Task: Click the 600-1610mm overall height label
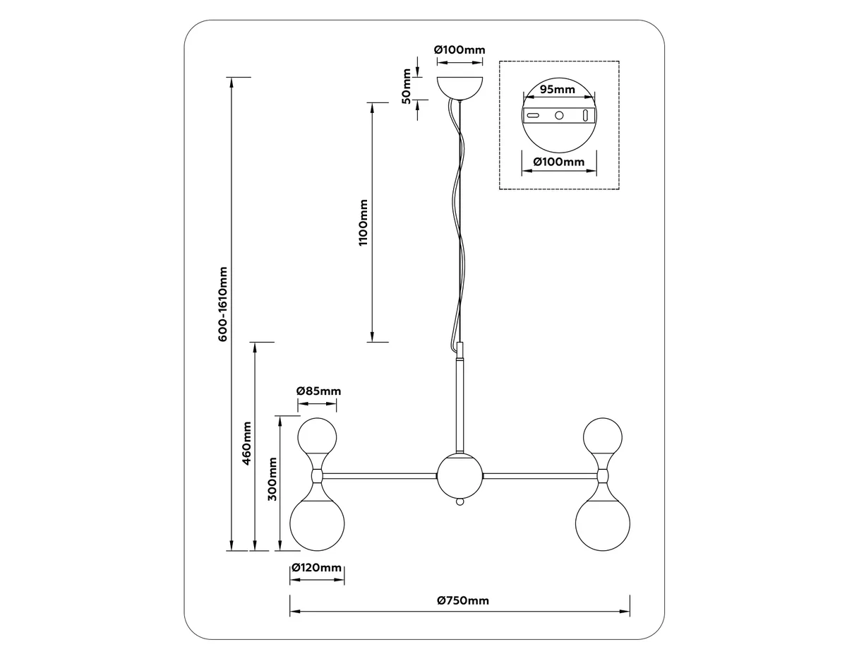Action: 222,304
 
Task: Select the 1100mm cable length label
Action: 364,222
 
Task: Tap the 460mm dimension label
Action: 246,444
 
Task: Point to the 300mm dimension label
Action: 272,479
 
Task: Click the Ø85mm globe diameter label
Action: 318,391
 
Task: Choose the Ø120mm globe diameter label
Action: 316,568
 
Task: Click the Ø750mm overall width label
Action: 462,600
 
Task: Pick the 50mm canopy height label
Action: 406,86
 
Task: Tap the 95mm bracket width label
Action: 558,90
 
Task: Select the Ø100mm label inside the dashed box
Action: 559,162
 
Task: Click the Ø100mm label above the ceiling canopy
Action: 459,50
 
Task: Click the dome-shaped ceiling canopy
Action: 460,88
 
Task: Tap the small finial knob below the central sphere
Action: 460,501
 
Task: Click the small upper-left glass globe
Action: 317,437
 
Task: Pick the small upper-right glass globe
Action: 603,437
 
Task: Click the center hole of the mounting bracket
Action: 559,115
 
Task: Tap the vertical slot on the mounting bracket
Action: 584,115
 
